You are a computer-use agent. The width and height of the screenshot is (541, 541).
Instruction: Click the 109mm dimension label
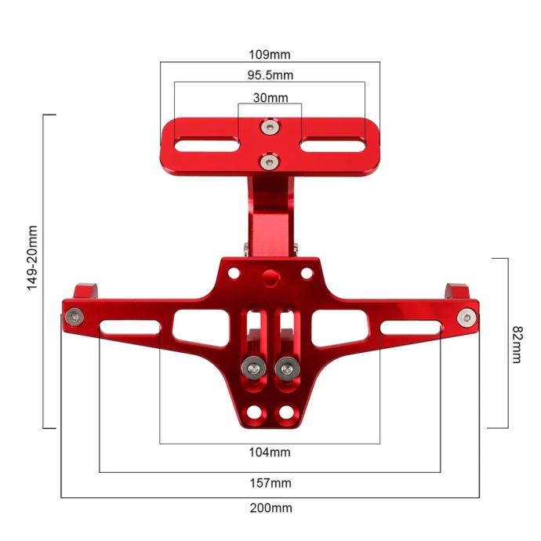[270, 55]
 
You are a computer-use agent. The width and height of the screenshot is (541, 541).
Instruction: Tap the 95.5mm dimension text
[270, 75]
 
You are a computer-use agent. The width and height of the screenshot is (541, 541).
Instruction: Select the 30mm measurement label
[270, 98]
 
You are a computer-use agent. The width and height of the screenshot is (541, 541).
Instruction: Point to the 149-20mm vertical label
[32, 258]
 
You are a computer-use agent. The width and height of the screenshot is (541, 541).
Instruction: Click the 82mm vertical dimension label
[517, 344]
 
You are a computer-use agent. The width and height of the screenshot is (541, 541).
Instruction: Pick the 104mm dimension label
[270, 452]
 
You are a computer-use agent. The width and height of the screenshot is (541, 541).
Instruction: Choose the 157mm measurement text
[270, 483]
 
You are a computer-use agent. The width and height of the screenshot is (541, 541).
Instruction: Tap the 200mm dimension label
[270, 508]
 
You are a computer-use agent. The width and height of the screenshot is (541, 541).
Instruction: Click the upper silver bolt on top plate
[270, 127]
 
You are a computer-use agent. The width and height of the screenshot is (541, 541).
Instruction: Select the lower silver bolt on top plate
[270, 162]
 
